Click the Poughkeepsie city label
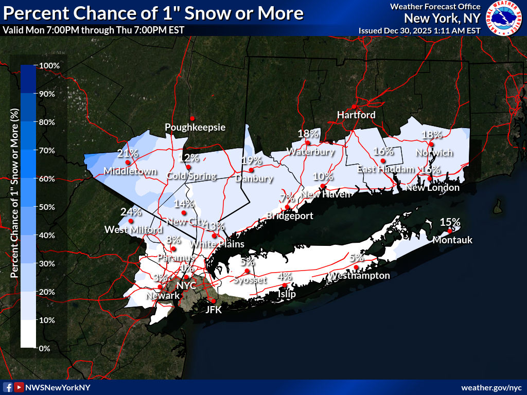coord(195,127)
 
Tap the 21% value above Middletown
coord(128,153)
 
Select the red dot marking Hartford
coord(354,106)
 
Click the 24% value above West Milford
coord(131,211)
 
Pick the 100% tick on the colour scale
coord(49,66)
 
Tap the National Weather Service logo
coord(504,18)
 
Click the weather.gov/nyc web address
coord(491,387)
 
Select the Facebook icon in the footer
coord(8,387)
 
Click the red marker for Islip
coord(285,285)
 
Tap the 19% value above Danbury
coord(251,160)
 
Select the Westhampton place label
coord(360,276)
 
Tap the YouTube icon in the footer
coord(19,387)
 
